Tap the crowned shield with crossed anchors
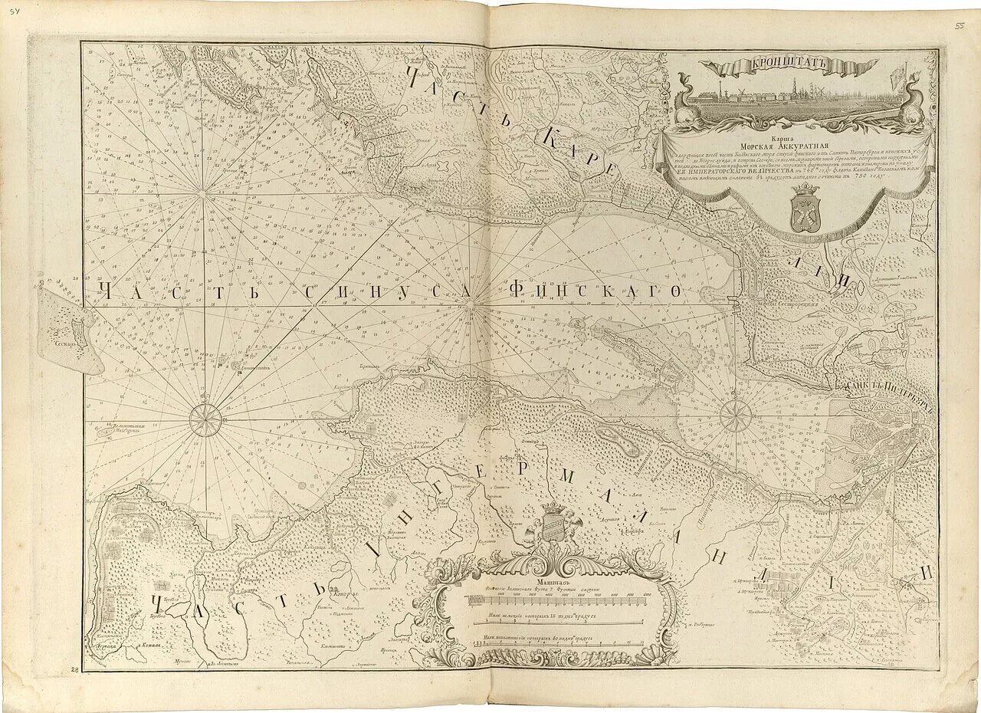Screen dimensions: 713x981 coord(803,209)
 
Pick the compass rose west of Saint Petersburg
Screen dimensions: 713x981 coord(736,416)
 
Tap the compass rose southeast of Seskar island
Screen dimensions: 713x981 coord(205,420)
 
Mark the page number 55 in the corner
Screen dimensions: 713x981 coord(960,25)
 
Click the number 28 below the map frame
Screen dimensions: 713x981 coord(75,669)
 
